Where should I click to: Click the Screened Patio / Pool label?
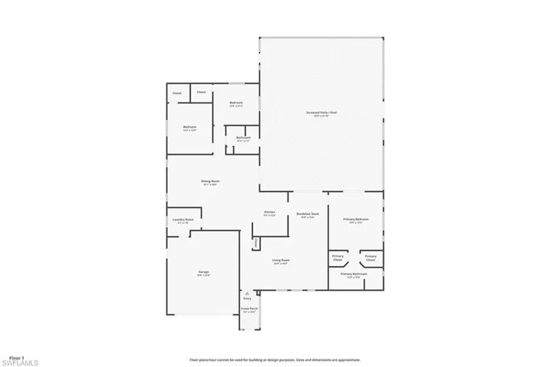click(x=322, y=113)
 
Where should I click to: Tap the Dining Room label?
click(x=210, y=181)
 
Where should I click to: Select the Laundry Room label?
click(x=183, y=219)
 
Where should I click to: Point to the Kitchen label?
click(x=270, y=212)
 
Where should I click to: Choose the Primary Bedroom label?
click(x=356, y=219)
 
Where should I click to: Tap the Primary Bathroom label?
click(x=355, y=273)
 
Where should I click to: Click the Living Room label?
click(x=280, y=260)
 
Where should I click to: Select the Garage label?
click(x=204, y=271)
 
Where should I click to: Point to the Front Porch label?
click(x=250, y=309)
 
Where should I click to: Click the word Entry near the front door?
click(x=247, y=298)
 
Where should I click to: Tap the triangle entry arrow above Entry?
click(x=247, y=292)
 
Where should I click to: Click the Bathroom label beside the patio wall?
click(x=244, y=138)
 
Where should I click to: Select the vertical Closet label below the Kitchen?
click(x=256, y=242)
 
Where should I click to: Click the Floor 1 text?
click(x=17, y=357)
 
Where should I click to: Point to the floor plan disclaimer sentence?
click(x=275, y=359)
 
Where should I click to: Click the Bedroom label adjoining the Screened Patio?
click(x=235, y=102)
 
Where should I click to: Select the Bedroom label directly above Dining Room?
click(x=189, y=127)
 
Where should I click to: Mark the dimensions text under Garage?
click(x=204, y=275)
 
